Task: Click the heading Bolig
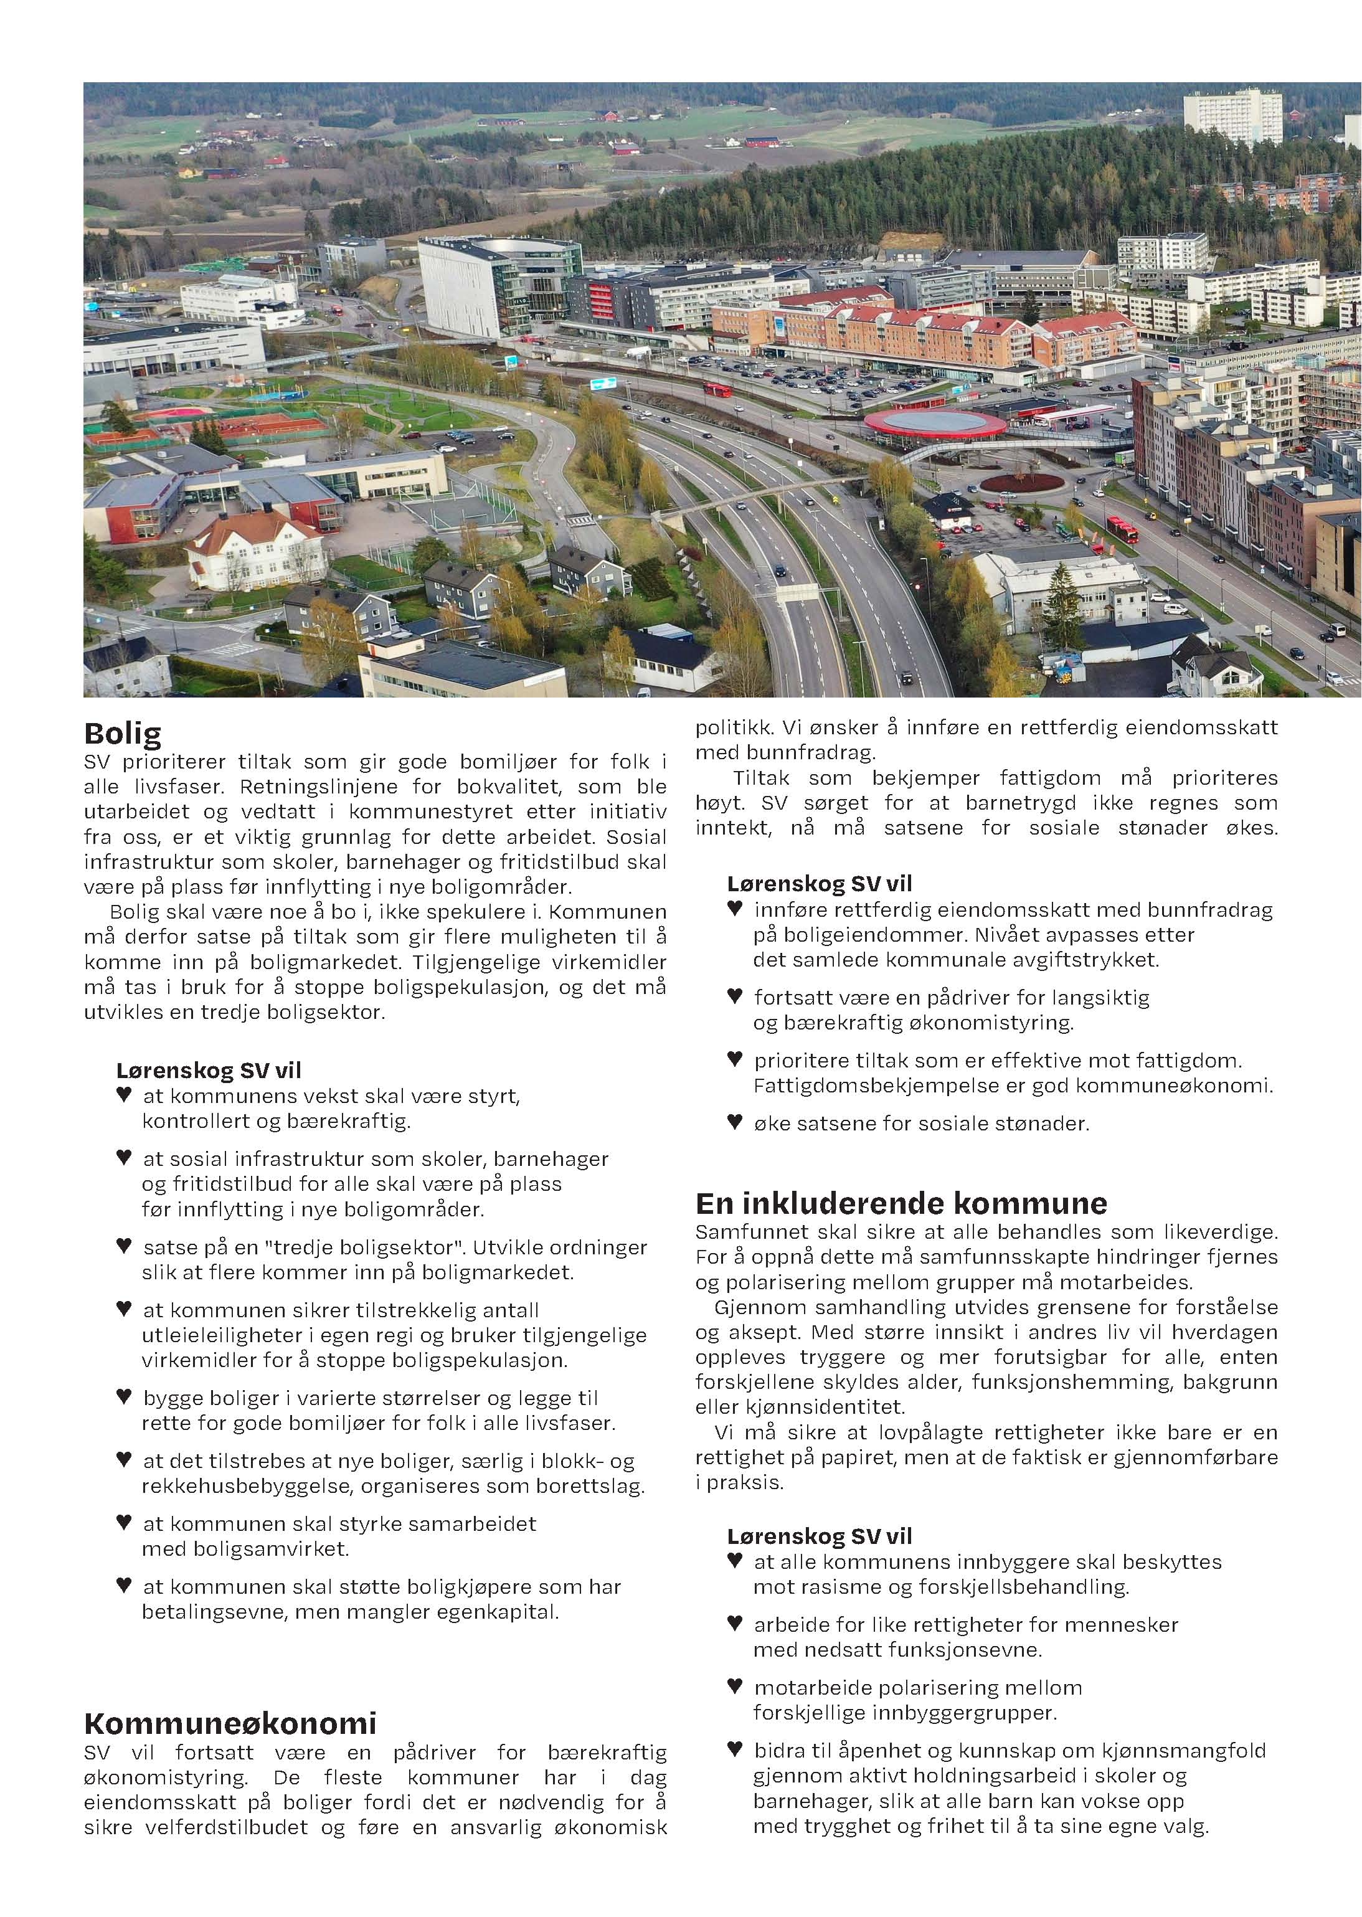pyautogui.click(x=123, y=734)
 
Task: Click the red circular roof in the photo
pyautogui.click(x=934, y=422)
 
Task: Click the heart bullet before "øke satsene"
pyautogui.click(x=735, y=1121)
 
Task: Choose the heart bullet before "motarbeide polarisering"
pyautogui.click(x=735, y=1685)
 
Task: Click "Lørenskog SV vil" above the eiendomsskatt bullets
pyautogui.click(x=820, y=883)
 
